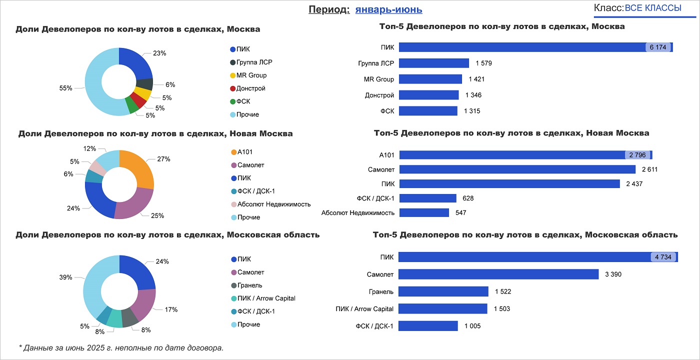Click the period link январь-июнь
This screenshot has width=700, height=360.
388,9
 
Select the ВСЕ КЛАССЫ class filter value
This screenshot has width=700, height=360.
653,8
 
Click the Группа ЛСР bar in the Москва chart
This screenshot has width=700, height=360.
434,63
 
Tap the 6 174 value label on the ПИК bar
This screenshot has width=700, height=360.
657,47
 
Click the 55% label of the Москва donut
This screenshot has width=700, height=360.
66,88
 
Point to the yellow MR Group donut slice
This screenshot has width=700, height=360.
143,93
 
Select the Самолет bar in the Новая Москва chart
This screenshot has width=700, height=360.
517,169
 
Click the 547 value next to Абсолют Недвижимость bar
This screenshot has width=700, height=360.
460,212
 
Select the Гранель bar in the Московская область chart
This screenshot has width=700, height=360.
443,291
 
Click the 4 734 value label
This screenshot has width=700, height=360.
663,257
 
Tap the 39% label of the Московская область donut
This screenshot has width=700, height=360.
66,277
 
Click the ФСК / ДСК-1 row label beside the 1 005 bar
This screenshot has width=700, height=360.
374,326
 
